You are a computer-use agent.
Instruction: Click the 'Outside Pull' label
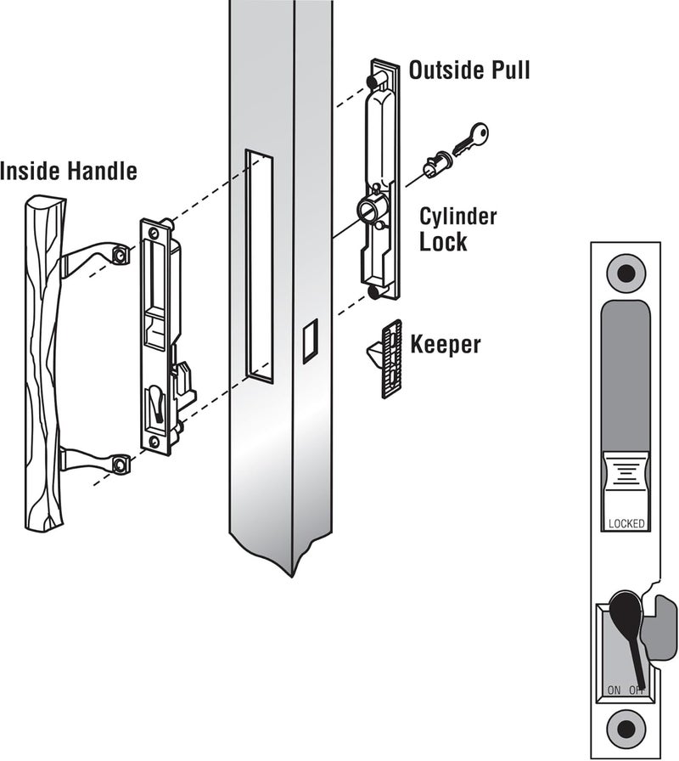tap(469, 70)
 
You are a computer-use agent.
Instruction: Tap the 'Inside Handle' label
tap(68, 172)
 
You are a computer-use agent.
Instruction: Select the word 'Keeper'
tap(446, 345)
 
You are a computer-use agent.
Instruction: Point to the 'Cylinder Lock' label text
tap(458, 228)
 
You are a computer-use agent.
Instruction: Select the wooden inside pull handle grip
tap(42, 357)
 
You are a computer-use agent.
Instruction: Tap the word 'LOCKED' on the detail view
tap(626, 523)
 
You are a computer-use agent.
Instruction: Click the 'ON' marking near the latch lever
tap(613, 689)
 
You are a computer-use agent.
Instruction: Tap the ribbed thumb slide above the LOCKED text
tap(626, 480)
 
